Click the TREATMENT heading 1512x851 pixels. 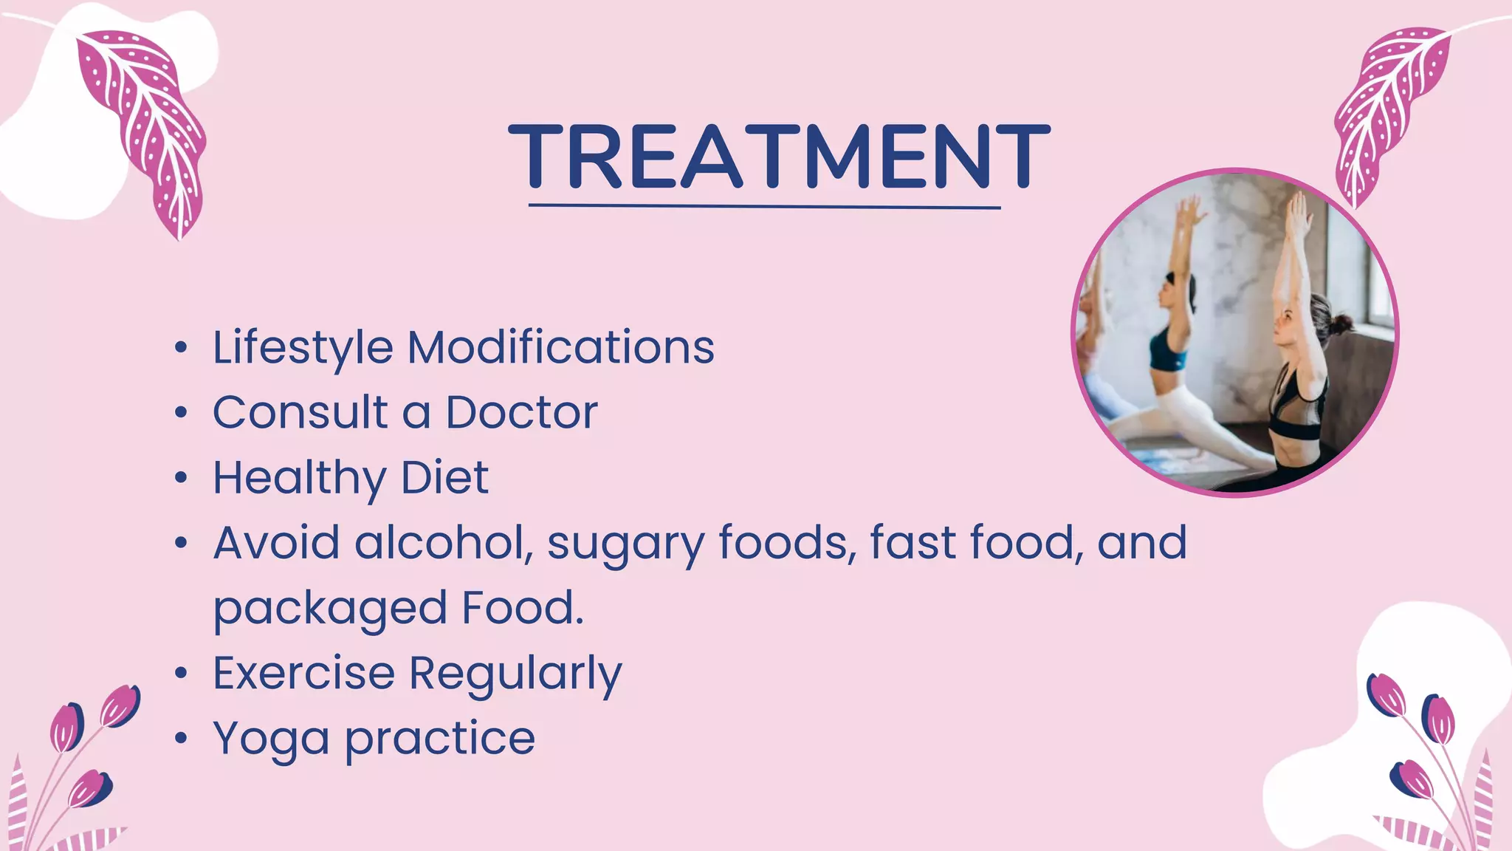[x=779, y=156]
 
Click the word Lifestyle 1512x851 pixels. [x=303, y=347]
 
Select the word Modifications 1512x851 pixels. [x=561, y=347]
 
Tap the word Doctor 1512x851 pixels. [x=521, y=412]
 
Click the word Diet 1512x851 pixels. [x=444, y=477]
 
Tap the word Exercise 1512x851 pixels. [x=303, y=673]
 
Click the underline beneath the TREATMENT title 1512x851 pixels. [x=764, y=207]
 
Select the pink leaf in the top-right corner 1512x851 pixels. [x=1388, y=111]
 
